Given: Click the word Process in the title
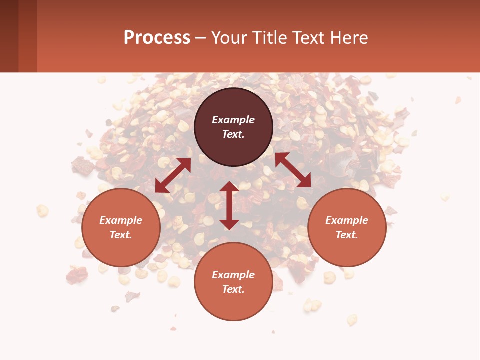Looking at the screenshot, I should click(x=157, y=38).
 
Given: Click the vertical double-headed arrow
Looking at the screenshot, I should click(x=229, y=205).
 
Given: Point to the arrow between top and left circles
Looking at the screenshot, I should click(x=173, y=175).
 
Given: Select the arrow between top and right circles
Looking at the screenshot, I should click(x=293, y=170).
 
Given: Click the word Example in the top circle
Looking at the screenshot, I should click(x=233, y=120).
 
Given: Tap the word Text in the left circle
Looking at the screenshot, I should click(x=121, y=235).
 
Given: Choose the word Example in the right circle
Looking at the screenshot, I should click(x=347, y=220).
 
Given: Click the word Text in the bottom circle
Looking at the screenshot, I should click(x=233, y=289).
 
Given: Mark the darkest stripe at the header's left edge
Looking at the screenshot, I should click(x=9, y=36).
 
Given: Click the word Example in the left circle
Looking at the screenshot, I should click(x=121, y=220).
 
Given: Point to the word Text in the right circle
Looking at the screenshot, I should click(x=347, y=235).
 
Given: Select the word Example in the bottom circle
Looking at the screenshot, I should click(x=233, y=275).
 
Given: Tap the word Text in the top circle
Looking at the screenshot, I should click(x=233, y=134).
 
